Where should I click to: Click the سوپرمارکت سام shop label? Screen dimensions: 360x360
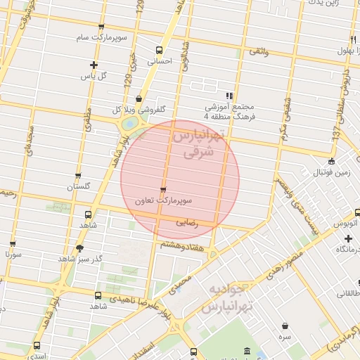pyautogui.click(x=103, y=37)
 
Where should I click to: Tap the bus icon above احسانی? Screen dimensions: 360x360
pyautogui.click(x=159, y=51)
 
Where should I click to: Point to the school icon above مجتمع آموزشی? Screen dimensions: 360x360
pyautogui.click(x=229, y=96)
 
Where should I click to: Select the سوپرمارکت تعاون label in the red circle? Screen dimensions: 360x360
pyautogui.click(x=163, y=201)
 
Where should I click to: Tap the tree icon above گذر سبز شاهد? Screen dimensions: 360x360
pyautogui.click(x=79, y=248)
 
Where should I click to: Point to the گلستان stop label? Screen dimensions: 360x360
pyautogui.click(x=78, y=186)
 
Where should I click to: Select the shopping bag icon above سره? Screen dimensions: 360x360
pyautogui.click(x=285, y=326)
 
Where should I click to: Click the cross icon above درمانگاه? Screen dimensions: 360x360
pyautogui.click(x=349, y=238)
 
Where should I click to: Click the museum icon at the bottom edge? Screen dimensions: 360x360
pyautogui.click(x=246, y=351)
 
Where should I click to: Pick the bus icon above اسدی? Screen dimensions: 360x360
pyautogui.click(x=37, y=345)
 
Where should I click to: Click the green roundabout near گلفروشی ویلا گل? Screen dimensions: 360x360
pyautogui.click(x=129, y=124)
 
